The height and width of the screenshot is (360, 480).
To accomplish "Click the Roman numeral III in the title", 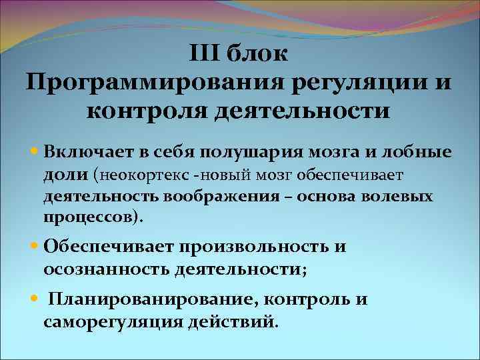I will pos(205,52).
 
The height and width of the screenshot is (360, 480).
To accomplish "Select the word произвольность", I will pos(253,247).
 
